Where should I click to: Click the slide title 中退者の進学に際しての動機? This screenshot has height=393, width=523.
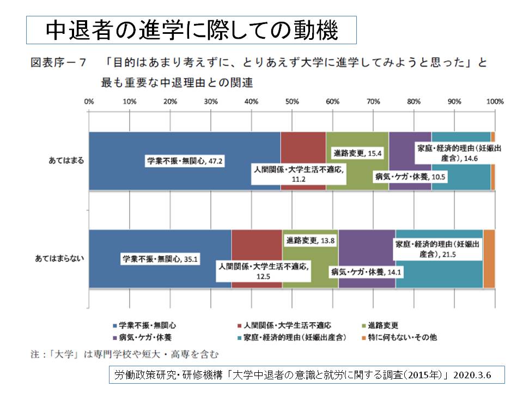[191, 30]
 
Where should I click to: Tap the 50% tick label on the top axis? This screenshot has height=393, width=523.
[291, 102]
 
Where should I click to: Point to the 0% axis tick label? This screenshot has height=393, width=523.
[89, 102]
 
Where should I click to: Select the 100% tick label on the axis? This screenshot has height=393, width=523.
[495, 102]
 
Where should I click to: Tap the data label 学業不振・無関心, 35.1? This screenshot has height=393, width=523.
[155, 258]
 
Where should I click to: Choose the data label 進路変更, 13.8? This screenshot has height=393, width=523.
[311, 241]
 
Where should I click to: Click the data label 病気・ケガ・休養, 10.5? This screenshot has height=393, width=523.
[410, 176]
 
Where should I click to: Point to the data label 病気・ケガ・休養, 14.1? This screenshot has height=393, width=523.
[364, 272]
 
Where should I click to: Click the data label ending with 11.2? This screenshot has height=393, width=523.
[299, 174]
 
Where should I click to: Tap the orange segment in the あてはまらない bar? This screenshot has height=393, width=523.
[489, 258]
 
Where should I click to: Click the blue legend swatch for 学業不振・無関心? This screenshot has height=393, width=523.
[114, 325]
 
